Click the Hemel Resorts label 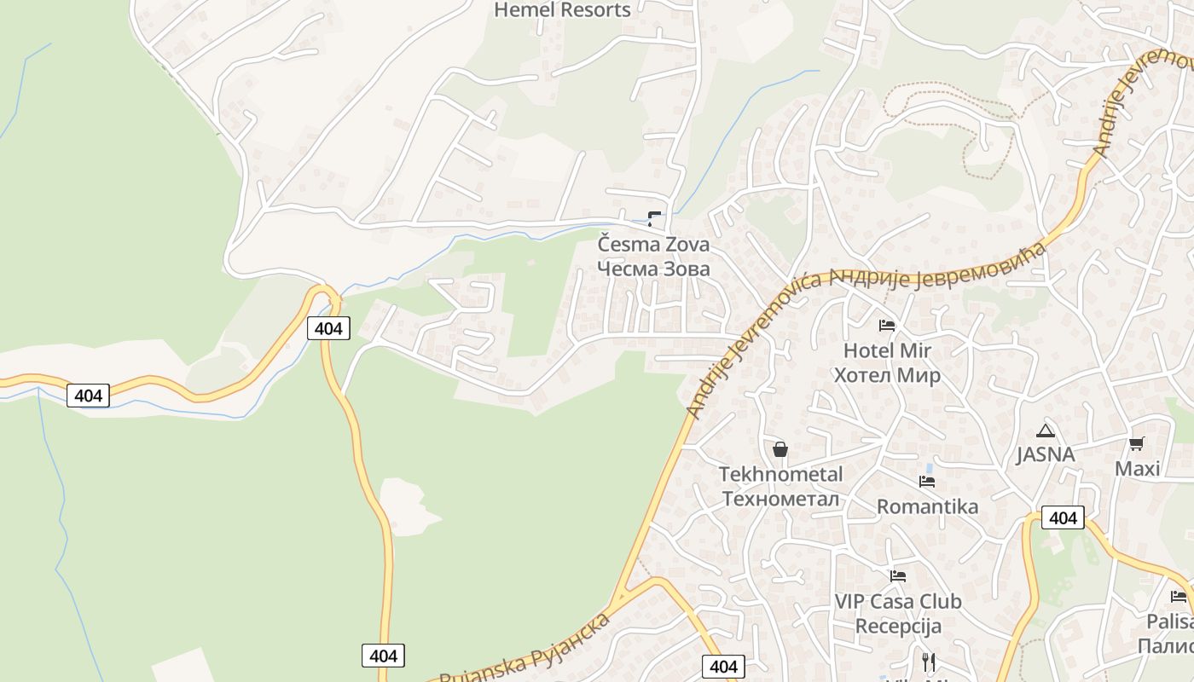point(562,10)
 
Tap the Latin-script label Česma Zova point(653,245)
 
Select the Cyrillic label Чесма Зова point(653,269)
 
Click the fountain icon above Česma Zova point(654,218)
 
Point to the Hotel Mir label point(887,350)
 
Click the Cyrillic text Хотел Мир point(887,375)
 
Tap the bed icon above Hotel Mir point(887,325)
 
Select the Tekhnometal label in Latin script point(780,474)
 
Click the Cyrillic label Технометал point(780,499)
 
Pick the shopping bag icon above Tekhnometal point(780,449)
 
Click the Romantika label point(927,507)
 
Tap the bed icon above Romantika point(927,482)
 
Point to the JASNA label point(1045,455)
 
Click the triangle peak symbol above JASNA point(1045,431)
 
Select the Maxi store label point(1138,469)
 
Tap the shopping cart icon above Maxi point(1136,444)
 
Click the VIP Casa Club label point(897,601)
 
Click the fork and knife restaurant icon point(929,662)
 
